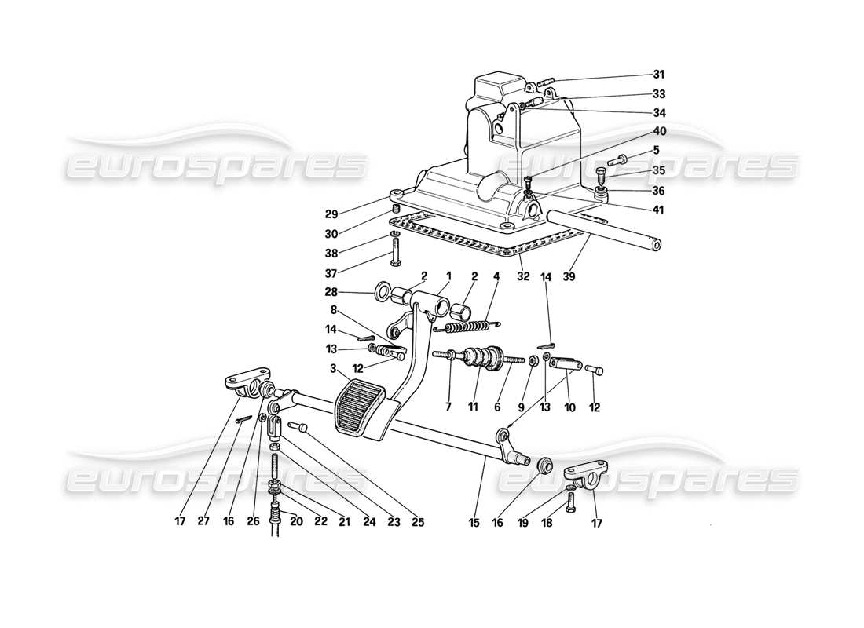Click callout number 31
pyautogui.click(x=658, y=75)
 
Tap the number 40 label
pyautogui.click(x=658, y=131)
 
